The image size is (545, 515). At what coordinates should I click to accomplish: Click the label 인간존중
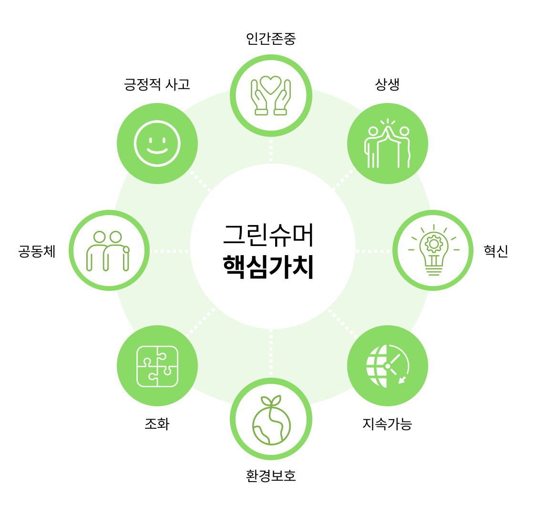pos(271,39)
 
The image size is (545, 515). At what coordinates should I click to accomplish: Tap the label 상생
pos(387,84)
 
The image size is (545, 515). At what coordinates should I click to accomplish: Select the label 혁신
pos(496,251)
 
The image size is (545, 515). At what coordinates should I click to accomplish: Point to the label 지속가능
pos(387,423)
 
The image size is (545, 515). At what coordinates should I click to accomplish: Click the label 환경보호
pos(271,475)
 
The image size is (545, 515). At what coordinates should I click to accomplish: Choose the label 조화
pos(157,423)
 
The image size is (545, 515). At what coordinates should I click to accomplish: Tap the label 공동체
pos(37,251)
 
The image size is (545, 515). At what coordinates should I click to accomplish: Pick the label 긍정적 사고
pos(157,84)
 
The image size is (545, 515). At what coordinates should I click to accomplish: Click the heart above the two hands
pos(271,84)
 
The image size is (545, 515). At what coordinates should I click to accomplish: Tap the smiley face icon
pos(157,143)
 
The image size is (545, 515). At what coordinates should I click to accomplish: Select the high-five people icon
pos(387,143)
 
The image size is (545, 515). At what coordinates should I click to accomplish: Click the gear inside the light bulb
pos(433,244)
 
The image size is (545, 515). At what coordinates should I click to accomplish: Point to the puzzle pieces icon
pos(157,366)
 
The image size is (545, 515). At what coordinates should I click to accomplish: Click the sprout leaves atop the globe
pos(271,401)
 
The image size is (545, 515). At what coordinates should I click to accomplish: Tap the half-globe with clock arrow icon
pos(387,366)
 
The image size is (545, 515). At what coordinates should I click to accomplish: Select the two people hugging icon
pos(108,251)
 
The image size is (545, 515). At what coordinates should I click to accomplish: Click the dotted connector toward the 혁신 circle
pos(373,251)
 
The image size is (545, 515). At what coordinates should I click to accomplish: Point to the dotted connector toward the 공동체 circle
pos(170,251)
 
